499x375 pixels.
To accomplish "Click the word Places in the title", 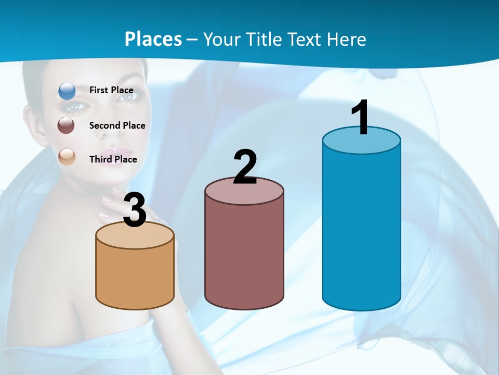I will click(153, 39).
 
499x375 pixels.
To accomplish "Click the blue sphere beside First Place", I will click(67, 91).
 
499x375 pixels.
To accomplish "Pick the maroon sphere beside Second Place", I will click(67, 126).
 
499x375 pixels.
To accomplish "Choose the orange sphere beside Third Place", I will click(67, 157).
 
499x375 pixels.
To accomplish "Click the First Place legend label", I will click(111, 90).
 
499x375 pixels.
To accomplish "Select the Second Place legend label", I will click(117, 126).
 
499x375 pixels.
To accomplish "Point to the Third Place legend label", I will click(113, 159).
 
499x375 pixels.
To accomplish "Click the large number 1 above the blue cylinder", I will click(360, 118).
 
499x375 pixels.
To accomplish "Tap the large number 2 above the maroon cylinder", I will click(245, 167).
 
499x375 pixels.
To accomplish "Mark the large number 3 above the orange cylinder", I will click(135, 210).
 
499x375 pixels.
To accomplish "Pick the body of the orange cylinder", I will click(135, 276).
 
